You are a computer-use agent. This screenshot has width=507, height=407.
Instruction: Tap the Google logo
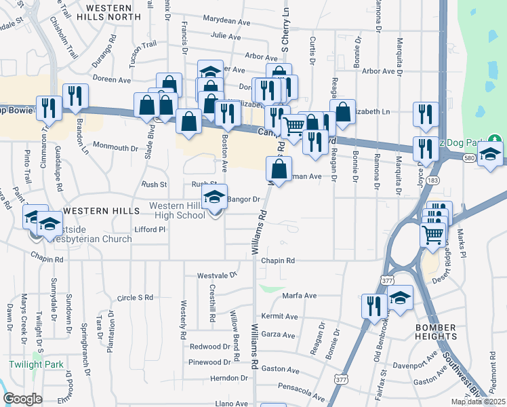click(x=22, y=399)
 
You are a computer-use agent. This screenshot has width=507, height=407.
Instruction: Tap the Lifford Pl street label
click(x=150, y=230)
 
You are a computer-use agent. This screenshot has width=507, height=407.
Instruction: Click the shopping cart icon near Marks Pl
click(x=434, y=235)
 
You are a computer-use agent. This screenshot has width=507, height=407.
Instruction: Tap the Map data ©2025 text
click(x=479, y=402)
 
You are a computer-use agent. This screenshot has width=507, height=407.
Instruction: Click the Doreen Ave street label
click(x=113, y=79)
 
